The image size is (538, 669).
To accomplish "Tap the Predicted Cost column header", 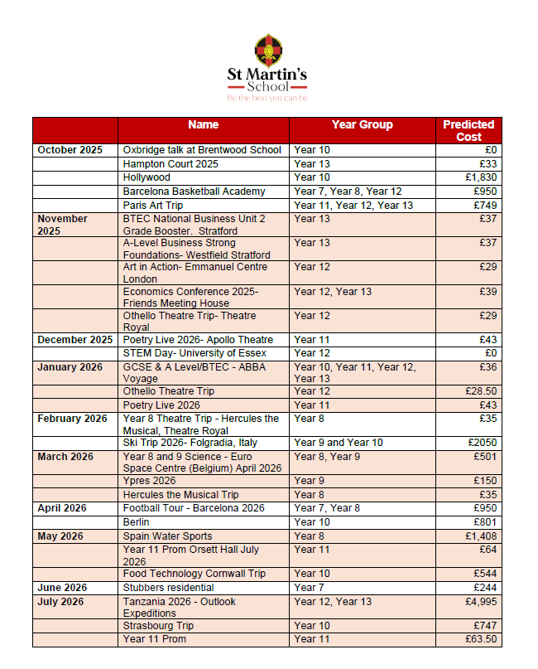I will [468, 130].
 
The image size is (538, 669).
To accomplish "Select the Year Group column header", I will [362, 124].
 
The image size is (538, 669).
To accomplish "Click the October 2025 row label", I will [70, 150].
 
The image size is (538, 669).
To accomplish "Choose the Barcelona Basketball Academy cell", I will [194, 191].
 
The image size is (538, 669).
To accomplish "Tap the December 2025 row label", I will [74, 340].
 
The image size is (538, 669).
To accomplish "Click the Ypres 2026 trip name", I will [149, 481].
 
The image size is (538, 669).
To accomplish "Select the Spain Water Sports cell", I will [167, 536].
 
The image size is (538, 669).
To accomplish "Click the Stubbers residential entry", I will [169, 588].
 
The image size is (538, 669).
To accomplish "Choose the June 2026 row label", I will [62, 588].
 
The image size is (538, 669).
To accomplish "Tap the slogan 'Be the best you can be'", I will [267, 98].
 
